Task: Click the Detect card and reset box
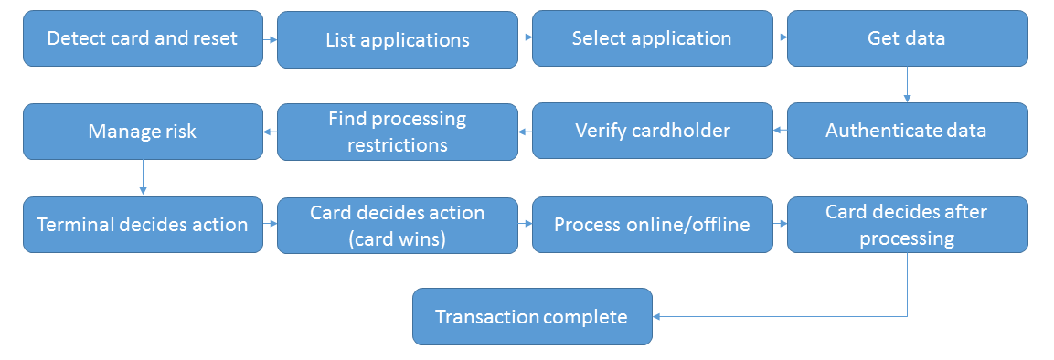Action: tap(142, 38)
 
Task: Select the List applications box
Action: tap(397, 40)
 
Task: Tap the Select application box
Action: tap(651, 38)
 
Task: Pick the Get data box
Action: tap(907, 38)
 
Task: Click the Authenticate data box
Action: tap(907, 131)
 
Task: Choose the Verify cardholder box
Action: tap(651, 131)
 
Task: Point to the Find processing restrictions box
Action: tap(397, 132)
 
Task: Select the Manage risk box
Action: tap(142, 132)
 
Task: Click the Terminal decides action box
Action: tap(142, 225)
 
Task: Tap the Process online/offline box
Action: tap(651, 225)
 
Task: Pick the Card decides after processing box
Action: tap(907, 225)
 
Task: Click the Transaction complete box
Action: tap(532, 317)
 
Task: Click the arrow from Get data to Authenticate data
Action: tap(907, 84)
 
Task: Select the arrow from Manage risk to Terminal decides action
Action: tap(143, 177)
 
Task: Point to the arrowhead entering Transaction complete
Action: tap(658, 317)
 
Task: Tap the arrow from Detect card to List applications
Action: tap(270, 39)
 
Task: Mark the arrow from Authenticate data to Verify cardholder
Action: tap(780, 131)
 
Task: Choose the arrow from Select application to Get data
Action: tap(780, 38)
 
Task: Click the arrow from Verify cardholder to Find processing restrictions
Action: tap(525, 132)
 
